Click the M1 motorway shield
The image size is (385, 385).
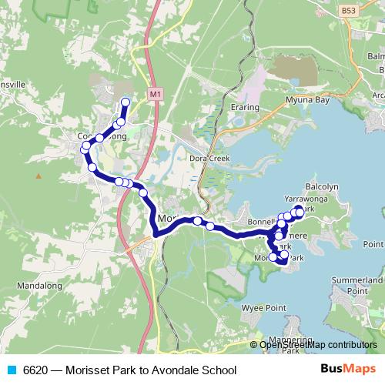(x=156, y=94)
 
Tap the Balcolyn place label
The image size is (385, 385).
(x=322, y=186)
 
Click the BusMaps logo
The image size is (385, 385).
(x=348, y=370)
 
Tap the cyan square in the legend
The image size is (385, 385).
(x=10, y=370)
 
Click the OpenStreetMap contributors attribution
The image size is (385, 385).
(x=317, y=344)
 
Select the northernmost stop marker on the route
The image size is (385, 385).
(x=126, y=102)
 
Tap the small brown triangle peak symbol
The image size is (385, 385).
(x=38, y=176)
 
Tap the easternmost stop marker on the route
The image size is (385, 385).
(x=299, y=210)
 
